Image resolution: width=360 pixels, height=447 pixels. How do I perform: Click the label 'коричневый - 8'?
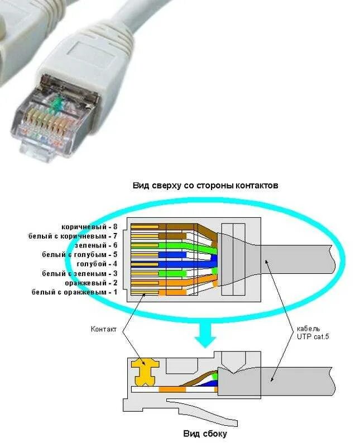[89, 227]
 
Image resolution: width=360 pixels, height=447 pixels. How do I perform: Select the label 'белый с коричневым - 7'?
[73, 236]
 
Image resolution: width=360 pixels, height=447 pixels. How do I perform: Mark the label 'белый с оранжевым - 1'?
[74, 292]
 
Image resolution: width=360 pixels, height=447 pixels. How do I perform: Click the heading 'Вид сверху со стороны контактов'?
[205, 184]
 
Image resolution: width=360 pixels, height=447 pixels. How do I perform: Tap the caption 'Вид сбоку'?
[205, 433]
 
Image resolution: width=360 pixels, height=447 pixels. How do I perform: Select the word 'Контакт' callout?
[104, 329]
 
